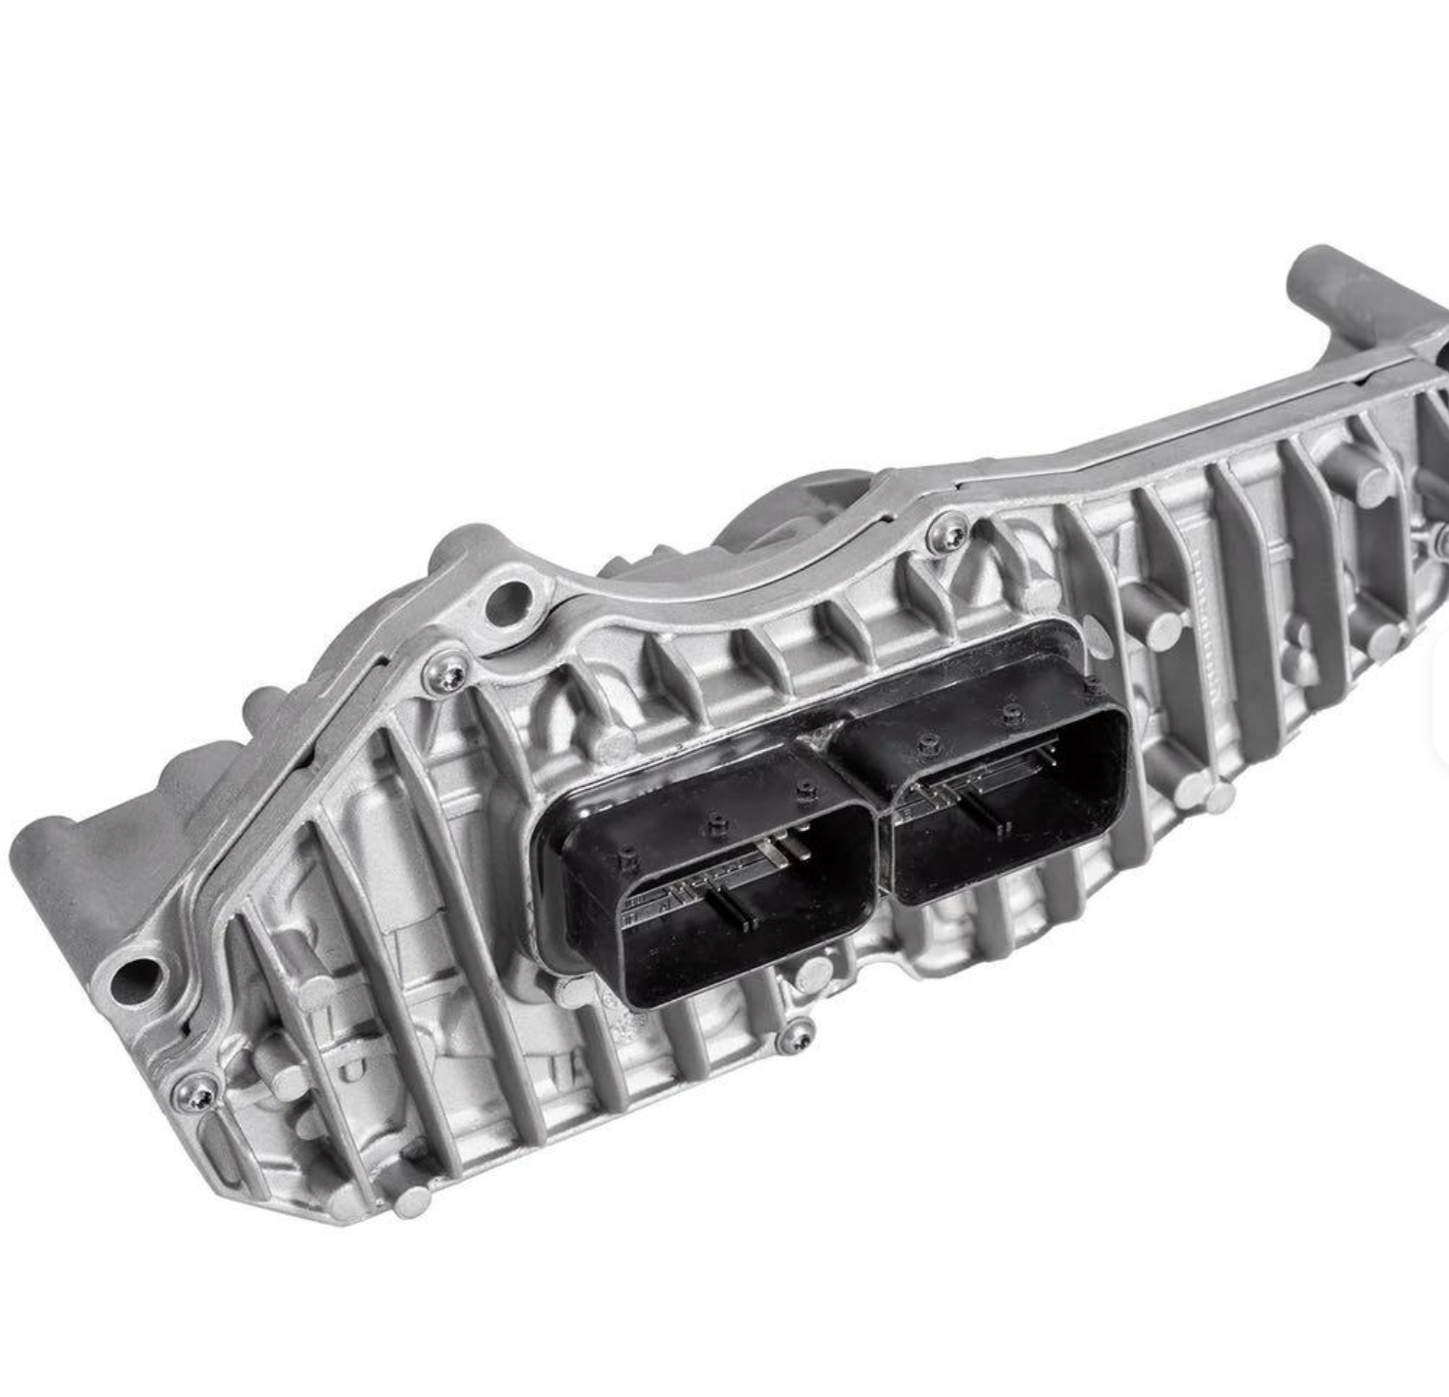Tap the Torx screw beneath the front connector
(x=795, y=1036)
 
